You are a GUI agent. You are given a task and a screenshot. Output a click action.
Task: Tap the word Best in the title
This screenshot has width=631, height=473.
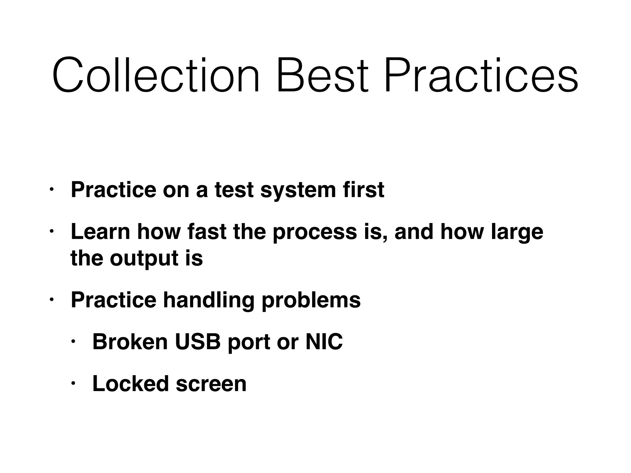point(322,75)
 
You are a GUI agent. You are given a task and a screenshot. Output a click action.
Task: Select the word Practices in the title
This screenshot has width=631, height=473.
point(481,75)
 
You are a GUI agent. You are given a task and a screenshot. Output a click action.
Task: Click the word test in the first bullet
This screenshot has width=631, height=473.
point(234,190)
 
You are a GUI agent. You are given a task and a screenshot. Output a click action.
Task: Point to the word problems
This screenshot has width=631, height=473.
point(311,300)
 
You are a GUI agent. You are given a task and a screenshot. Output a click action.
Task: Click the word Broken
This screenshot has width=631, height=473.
point(130,342)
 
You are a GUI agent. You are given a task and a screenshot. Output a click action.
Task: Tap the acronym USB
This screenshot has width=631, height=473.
point(198,342)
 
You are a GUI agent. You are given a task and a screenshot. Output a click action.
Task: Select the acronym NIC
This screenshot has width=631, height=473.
point(324,342)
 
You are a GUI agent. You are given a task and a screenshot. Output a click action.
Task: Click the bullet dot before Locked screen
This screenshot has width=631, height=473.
point(73,384)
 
